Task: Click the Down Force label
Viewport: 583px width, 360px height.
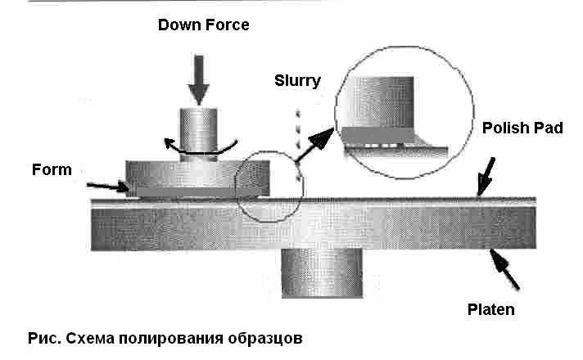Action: pyautogui.click(x=203, y=25)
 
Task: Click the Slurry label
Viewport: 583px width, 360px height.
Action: pyautogui.click(x=298, y=80)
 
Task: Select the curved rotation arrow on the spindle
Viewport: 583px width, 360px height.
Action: pyautogui.click(x=197, y=148)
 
